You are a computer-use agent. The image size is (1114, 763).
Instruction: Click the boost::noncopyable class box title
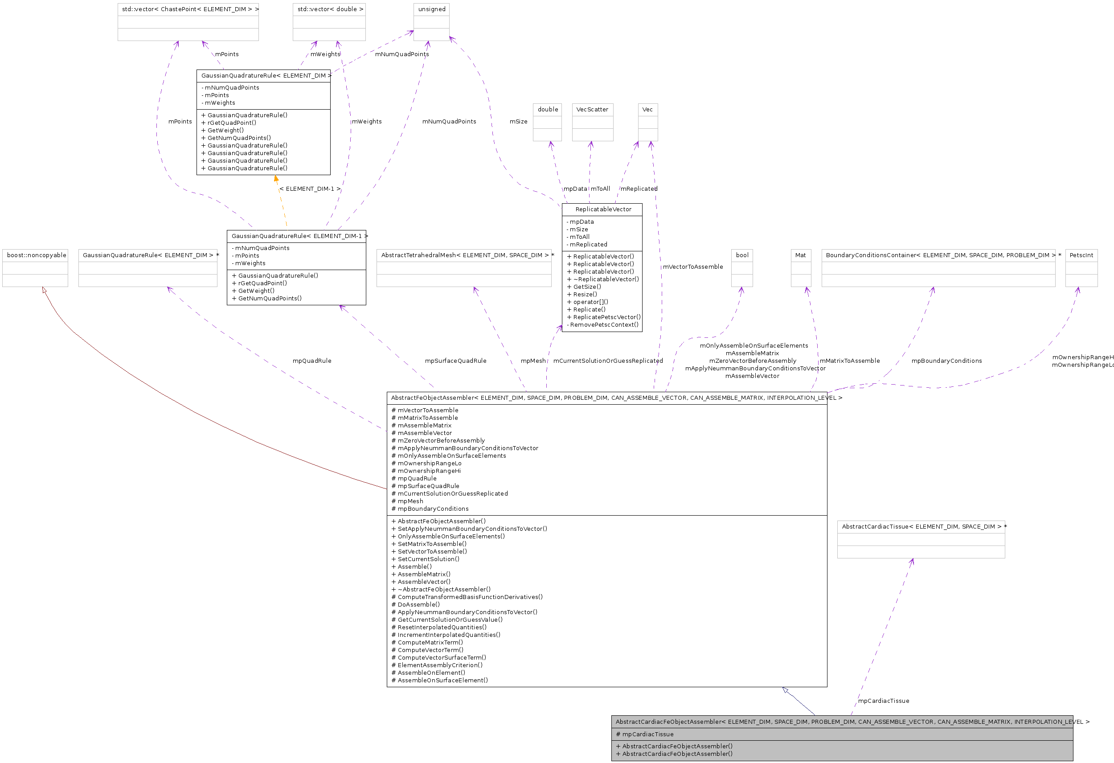click(37, 255)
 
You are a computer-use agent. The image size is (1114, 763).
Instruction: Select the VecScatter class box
click(592, 122)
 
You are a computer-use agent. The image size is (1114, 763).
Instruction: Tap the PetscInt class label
click(1081, 255)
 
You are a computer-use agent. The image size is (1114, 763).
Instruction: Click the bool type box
click(741, 267)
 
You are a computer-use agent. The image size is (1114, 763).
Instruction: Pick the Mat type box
click(800, 267)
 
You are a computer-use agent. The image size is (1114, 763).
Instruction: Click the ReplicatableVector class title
click(603, 209)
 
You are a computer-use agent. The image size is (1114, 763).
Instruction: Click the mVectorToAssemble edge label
click(692, 267)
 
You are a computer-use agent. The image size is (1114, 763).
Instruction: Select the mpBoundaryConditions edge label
click(946, 361)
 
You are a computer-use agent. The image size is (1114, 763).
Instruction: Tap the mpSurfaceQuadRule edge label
click(455, 361)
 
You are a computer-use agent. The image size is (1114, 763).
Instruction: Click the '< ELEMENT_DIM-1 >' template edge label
click(310, 189)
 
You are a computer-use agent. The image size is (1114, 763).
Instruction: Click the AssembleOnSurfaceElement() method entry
click(442, 680)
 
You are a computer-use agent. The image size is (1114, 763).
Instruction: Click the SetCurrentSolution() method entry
click(428, 559)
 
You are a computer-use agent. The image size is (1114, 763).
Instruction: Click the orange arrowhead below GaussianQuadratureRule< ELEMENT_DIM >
click(276, 179)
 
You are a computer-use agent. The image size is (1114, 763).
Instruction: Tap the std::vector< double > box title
click(330, 9)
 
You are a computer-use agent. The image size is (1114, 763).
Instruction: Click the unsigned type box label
click(431, 9)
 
